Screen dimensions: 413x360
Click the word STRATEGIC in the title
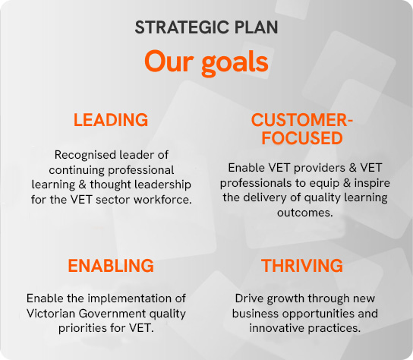(182, 27)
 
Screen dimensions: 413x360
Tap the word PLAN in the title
(256, 27)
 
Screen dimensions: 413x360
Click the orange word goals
(235, 64)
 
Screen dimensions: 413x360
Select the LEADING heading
(111, 120)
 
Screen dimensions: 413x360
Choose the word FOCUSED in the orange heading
(302, 138)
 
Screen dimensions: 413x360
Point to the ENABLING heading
(111, 265)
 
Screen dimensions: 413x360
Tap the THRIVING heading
(302, 265)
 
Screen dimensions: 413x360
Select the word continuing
(77, 171)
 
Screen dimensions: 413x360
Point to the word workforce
(162, 200)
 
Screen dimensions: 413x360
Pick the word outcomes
(305, 213)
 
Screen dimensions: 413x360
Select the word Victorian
(51, 314)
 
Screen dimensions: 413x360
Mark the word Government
(112, 314)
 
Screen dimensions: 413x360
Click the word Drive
(249, 298)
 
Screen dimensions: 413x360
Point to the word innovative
(277, 328)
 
